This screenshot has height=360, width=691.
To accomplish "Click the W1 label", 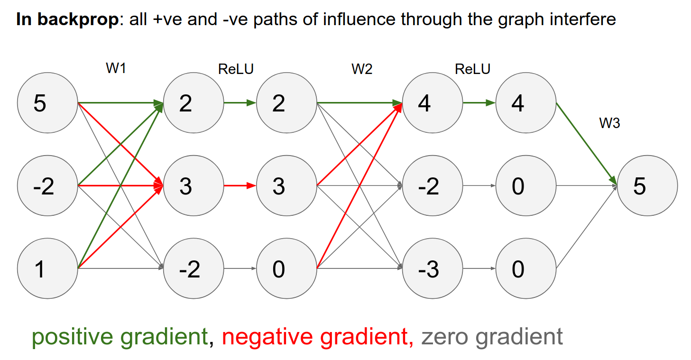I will click(x=116, y=69).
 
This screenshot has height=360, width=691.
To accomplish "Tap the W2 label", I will click(x=362, y=69).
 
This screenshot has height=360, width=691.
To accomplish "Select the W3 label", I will click(x=609, y=123).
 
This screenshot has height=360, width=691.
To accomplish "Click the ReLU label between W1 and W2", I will click(x=236, y=69).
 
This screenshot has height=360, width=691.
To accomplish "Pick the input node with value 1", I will click(x=47, y=269).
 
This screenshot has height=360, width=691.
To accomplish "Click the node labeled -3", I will click(x=432, y=269).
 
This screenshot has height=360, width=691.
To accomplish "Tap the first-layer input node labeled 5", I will click(x=47, y=102).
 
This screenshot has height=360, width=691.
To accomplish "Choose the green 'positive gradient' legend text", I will click(x=120, y=337).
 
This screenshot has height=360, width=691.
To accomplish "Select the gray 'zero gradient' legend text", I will click(x=492, y=337).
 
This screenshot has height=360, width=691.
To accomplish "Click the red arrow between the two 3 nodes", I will click(x=240, y=186).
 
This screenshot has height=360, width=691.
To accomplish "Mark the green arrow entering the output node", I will click(x=587, y=144).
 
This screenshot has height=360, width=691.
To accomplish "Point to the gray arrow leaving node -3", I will click(x=479, y=269).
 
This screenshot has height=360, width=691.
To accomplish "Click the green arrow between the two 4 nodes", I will click(x=479, y=102).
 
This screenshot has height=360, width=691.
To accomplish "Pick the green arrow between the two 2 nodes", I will click(x=240, y=102).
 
